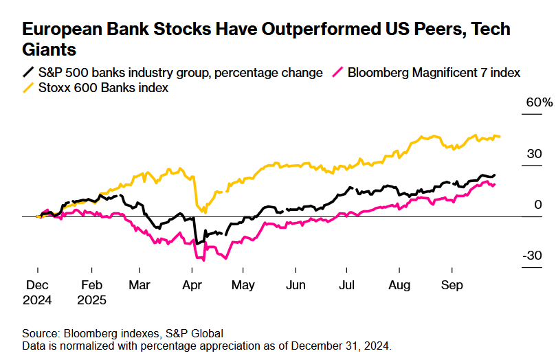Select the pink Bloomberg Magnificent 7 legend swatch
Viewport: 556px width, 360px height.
pos(337,72)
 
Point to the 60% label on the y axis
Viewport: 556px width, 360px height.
pos(539,102)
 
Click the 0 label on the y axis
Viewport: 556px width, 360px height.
pos(539,205)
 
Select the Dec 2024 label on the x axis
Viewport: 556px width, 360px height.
pos(38,292)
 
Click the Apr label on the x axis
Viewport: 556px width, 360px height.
pos(193,285)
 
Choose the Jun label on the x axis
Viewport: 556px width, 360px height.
pos(296,285)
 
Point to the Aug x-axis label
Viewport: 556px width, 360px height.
pos(399,285)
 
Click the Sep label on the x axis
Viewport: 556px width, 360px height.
pos(451,285)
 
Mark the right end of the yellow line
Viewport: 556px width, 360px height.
pos(500,136)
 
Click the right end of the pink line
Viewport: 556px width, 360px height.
pos(494,184)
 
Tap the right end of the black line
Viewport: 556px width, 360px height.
pos(494,175)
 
